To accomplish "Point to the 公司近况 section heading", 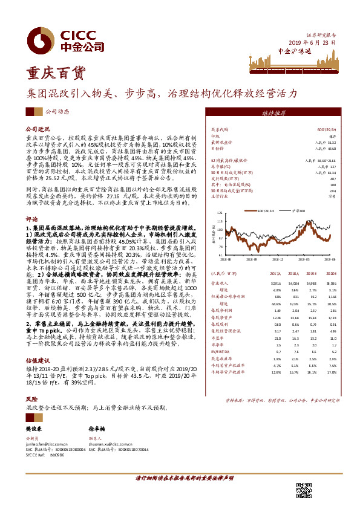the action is click(x=36, y=129).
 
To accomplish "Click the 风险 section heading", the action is click(x=31, y=399).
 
